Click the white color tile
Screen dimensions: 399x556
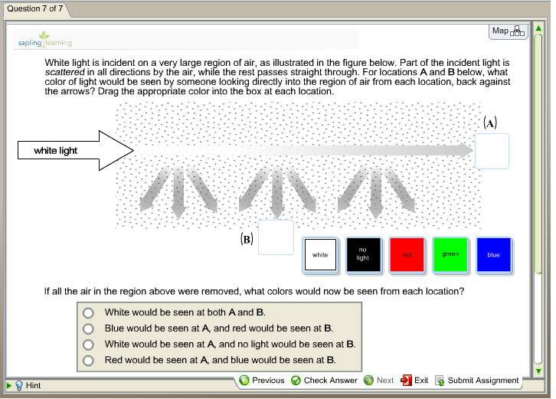coord(320,255)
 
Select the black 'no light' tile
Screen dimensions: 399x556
coord(363,254)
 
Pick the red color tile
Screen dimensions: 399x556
coord(407,254)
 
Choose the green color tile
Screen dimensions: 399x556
coord(450,254)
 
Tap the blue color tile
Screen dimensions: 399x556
coord(493,254)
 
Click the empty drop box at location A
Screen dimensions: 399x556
coord(492,151)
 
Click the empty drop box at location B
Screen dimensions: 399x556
coord(276,237)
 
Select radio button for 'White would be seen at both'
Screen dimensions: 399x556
coord(89,312)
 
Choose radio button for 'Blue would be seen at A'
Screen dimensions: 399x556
coord(89,329)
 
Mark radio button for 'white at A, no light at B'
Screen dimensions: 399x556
coord(89,345)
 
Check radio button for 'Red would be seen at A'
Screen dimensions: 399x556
coord(89,360)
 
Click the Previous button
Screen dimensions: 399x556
coord(262,381)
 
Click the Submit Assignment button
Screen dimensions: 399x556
coord(477,381)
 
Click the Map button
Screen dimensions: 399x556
coord(508,31)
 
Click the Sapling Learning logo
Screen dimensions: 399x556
coord(44,40)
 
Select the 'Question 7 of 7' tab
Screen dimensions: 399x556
coord(34,9)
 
